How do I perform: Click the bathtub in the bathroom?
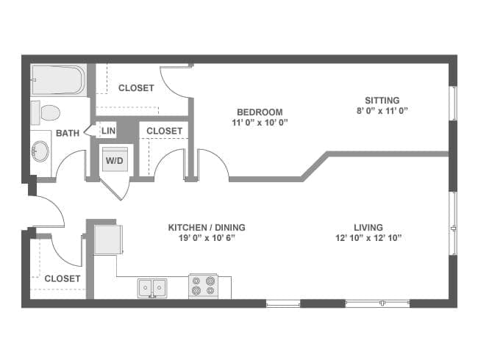(58, 80)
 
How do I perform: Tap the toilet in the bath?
(47, 112)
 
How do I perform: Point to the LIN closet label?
(108, 131)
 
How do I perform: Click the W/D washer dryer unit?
(114, 159)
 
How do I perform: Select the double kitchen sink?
(153, 288)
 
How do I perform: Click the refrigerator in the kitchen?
(108, 240)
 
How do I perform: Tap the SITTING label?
(382, 101)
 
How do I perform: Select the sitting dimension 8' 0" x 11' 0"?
(382, 111)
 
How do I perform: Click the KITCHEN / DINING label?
(207, 228)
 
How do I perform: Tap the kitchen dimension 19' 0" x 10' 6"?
(207, 238)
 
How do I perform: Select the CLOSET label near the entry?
(63, 278)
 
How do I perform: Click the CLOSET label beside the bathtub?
(136, 88)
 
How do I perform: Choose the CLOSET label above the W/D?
(164, 131)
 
